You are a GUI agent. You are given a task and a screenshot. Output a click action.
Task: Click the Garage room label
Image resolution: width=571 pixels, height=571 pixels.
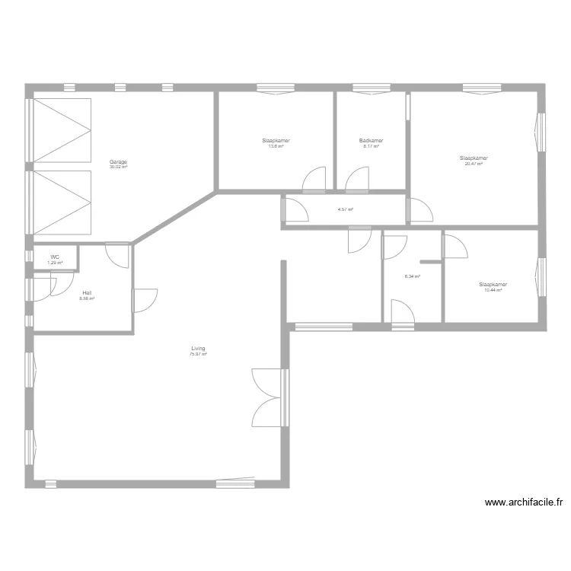coord(118,161)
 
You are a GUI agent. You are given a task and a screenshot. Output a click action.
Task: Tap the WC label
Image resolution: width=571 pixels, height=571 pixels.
coord(55,257)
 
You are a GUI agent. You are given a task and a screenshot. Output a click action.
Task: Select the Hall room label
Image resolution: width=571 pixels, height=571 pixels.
coord(87,292)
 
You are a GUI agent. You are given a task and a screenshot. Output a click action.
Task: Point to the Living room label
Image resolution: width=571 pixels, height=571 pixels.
coord(198,349)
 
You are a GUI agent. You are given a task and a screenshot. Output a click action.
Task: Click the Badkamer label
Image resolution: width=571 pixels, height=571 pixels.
coord(372,141)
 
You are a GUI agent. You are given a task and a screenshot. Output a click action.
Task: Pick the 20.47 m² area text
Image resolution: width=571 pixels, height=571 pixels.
coord(474,163)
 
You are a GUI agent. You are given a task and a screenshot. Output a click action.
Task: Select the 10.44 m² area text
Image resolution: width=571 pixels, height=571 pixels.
coord(493,290)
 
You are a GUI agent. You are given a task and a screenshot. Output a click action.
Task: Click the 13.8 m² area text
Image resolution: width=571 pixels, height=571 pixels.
coord(276,146)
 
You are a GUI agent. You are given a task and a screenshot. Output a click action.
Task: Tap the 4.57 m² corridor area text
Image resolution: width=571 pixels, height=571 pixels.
coord(346,209)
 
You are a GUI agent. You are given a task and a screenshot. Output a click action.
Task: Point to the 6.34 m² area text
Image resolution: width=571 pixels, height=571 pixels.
coord(413,276)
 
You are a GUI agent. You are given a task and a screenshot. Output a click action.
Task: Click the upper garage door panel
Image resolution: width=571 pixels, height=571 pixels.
coord(62,129)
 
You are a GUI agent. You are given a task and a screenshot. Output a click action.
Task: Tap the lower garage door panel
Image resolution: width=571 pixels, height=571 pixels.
coord(62,203)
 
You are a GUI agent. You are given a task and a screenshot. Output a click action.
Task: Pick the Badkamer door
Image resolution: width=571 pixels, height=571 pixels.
coord(356,180)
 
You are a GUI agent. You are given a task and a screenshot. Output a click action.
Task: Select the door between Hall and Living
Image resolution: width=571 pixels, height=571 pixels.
coord(144,301)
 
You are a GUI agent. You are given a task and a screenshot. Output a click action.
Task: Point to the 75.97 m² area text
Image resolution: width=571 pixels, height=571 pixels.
coord(198,354)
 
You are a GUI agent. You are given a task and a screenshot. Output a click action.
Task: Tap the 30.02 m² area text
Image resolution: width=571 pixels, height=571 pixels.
coord(118,167)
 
